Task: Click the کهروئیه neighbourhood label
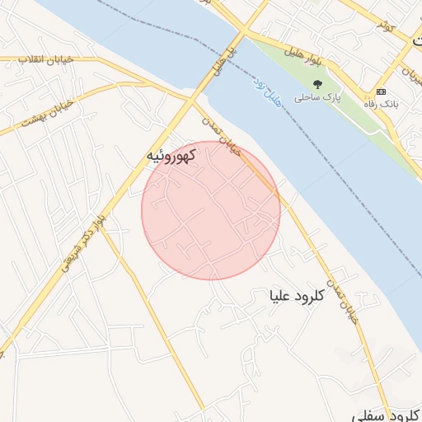coord(170,155)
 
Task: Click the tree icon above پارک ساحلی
coord(318,83)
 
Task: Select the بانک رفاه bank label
coord(380,104)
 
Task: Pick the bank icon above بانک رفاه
coord(380,91)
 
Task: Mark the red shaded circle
coord(211,210)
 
